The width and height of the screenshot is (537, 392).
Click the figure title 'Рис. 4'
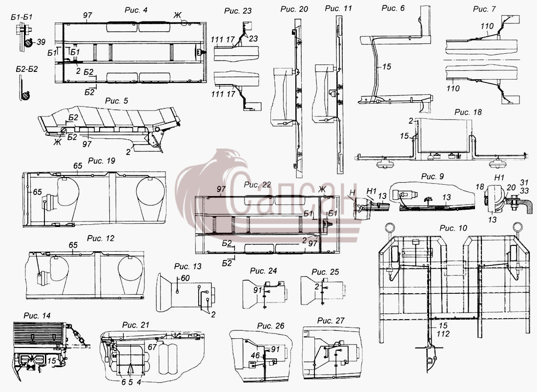[136, 10]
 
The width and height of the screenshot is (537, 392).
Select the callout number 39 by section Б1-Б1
[41, 42]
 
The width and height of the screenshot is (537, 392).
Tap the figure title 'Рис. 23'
[238, 11]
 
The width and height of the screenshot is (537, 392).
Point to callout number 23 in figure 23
[253, 39]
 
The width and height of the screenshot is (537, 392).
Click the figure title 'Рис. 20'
[294, 9]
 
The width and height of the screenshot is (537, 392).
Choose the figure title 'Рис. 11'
[338, 8]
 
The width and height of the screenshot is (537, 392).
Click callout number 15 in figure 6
[387, 66]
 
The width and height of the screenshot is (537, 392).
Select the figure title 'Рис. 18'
[468, 112]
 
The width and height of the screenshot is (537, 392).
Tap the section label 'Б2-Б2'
[27, 69]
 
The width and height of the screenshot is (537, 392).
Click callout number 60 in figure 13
[185, 278]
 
